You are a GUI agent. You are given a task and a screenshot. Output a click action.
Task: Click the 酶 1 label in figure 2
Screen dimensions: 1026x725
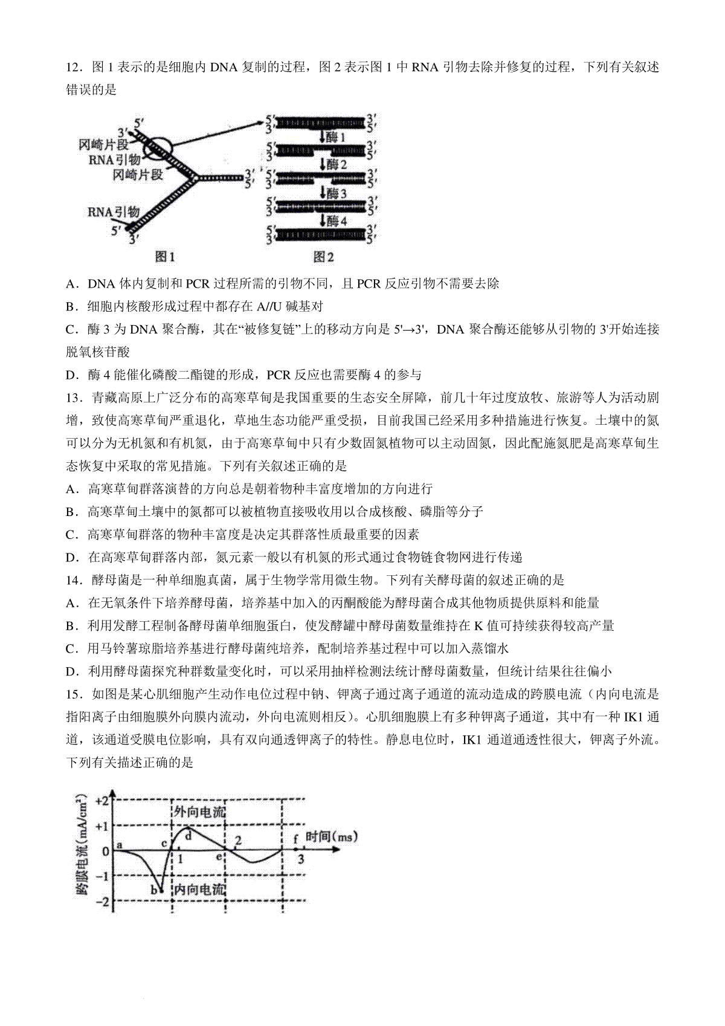336,137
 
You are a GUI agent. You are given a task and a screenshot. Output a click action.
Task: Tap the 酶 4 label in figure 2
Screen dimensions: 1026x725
337,221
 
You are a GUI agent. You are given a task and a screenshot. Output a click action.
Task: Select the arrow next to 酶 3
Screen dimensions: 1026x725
324,193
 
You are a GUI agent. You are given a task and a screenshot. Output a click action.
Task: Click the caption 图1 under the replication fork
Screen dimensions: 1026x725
165,257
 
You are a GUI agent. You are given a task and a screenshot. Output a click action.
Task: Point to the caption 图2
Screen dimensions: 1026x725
324,257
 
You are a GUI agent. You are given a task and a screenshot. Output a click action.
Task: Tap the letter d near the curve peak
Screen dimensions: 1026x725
188,836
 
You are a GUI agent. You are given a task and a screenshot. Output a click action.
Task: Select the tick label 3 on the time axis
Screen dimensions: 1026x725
300,859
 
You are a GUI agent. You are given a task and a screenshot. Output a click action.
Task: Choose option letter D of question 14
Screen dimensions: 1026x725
71,671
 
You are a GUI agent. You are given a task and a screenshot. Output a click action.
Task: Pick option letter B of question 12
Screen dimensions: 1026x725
71,306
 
